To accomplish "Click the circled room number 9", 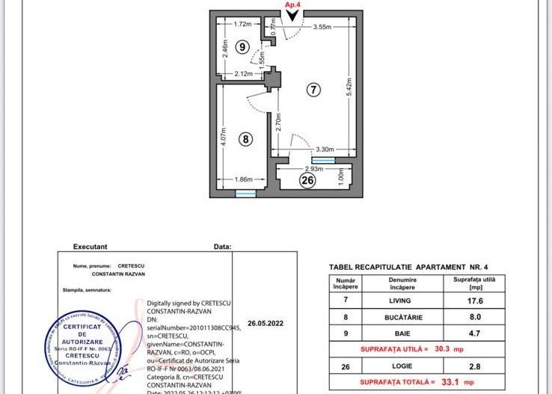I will [241, 46].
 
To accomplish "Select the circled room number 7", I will [313, 89].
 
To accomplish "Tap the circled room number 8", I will [244, 138].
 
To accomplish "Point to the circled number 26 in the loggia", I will [307, 179].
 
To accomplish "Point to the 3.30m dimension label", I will [322, 149].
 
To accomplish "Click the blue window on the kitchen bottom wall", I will [245, 194].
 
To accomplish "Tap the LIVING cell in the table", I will [402, 301].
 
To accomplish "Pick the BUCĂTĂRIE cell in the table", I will [402, 316].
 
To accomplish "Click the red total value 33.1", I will [459, 383].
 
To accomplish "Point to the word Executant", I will [90, 246].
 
